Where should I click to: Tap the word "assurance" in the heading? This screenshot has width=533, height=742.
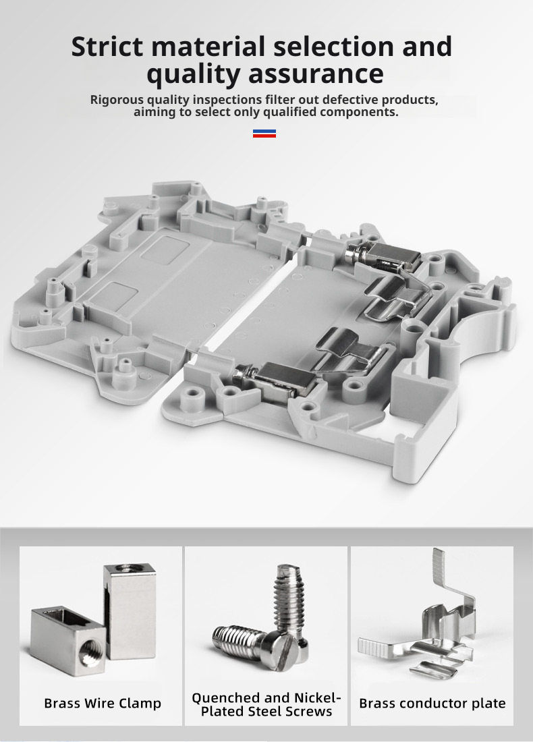316,74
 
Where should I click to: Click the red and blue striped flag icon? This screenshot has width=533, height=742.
264,134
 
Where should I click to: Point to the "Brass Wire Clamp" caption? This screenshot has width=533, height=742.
103,703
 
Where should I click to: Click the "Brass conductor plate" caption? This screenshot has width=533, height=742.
432,703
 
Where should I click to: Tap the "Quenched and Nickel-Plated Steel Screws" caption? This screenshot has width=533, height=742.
266,704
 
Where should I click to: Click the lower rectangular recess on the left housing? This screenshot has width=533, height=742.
113,294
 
